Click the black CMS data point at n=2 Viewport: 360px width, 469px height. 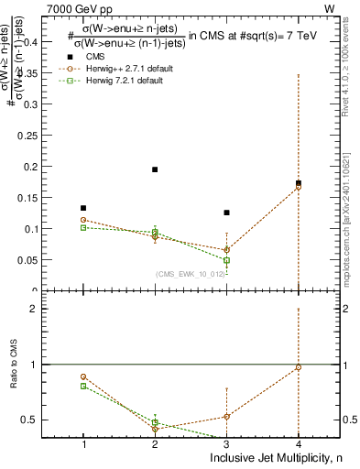pyautogui.click(x=155, y=169)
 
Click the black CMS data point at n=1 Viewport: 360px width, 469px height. pyautogui.click(x=84, y=208)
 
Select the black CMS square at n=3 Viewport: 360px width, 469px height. pyautogui.click(x=226, y=213)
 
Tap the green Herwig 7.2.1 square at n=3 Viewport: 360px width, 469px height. pyautogui.click(x=226, y=260)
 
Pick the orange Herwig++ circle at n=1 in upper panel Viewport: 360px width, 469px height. pyautogui.click(x=84, y=220)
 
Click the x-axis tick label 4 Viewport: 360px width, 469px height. pyautogui.click(x=298, y=444)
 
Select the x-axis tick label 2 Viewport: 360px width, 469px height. pyautogui.click(x=155, y=444)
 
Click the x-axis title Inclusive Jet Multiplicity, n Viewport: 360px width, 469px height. pyautogui.click(x=274, y=458)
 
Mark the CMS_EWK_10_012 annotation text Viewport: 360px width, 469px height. pyautogui.click(x=189, y=274)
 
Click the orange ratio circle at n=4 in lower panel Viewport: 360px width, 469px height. pyautogui.click(x=298, y=367)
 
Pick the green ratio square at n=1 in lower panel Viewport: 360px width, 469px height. pyautogui.click(x=84, y=386)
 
